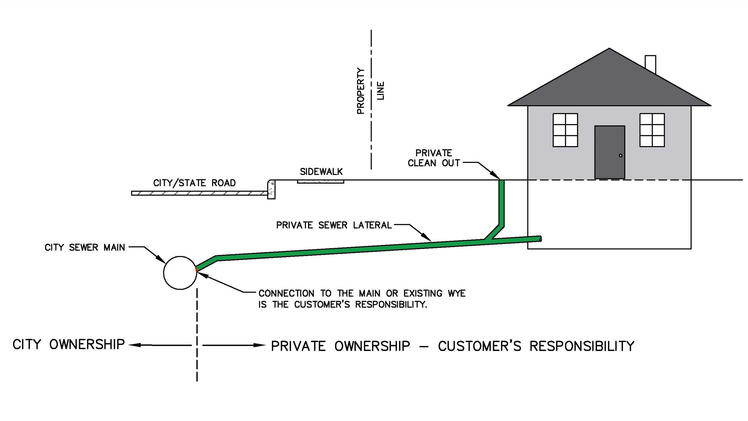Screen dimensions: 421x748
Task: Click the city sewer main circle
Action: [x=180, y=273]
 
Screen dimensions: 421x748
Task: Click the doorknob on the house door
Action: [x=621, y=155]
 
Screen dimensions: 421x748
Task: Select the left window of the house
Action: [x=565, y=130]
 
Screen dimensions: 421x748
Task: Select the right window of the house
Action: [x=652, y=130]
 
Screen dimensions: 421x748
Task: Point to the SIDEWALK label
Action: [x=321, y=172]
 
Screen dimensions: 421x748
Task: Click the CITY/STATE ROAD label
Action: [x=194, y=183]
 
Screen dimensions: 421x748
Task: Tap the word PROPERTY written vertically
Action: [x=360, y=91]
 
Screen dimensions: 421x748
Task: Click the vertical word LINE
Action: [x=380, y=91]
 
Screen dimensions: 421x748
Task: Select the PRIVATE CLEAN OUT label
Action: [x=434, y=158]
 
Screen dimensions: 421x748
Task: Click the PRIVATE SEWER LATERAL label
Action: [x=334, y=225]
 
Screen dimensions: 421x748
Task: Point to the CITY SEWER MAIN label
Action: [x=85, y=247]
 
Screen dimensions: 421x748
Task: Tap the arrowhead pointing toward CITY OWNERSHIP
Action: [x=134, y=345]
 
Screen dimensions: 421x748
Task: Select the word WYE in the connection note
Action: [x=457, y=293]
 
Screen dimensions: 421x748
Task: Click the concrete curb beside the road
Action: [x=271, y=189]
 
